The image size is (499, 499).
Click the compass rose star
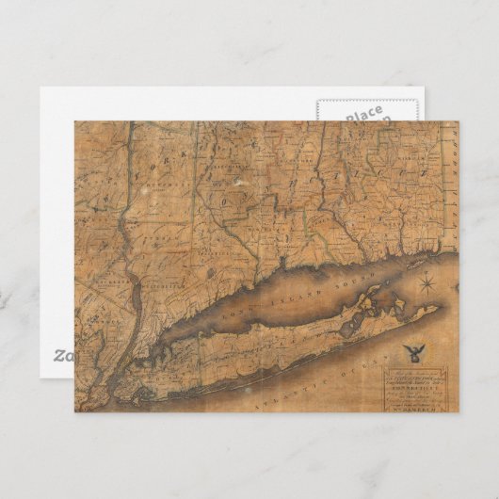426,282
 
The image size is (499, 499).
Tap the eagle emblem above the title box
411,353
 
